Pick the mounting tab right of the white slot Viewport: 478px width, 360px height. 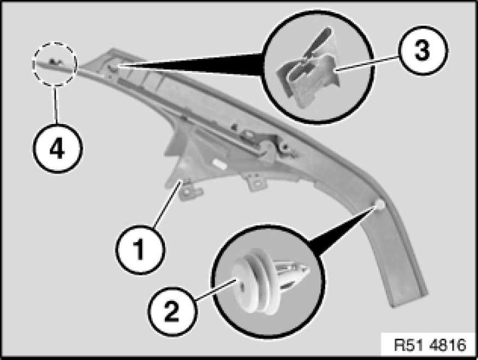click(x=256, y=183)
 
